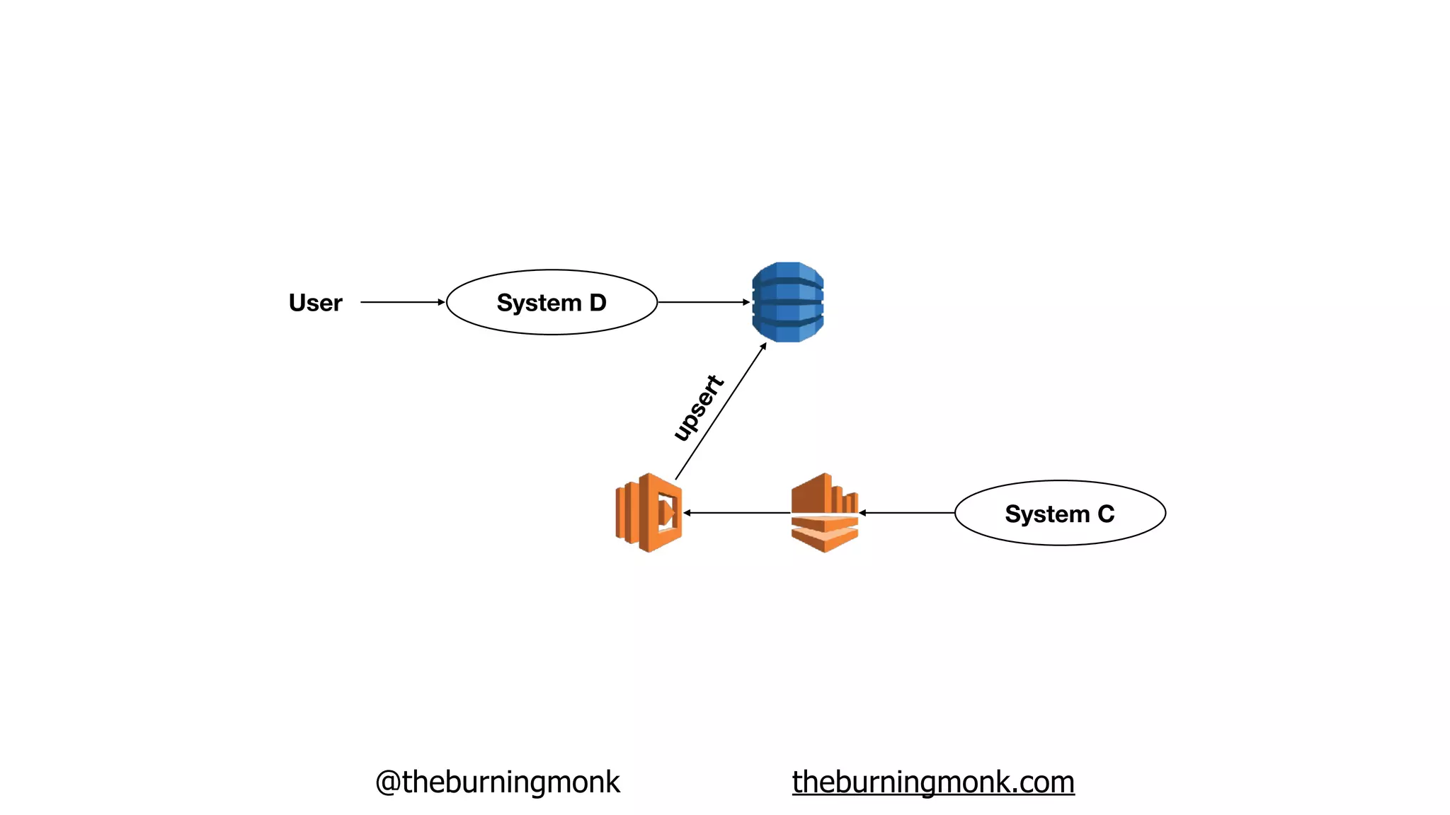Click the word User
coord(315,303)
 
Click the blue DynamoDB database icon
coord(788,302)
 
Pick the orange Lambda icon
coord(649,513)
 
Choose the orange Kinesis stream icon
coord(825,513)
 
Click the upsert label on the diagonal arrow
coord(698,408)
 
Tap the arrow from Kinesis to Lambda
coord(736,513)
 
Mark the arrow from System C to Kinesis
coord(906,513)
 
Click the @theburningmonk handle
coord(497,782)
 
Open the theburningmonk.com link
coord(933,782)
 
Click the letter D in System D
coord(598,303)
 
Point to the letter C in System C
coord(1106,514)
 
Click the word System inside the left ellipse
coord(539,303)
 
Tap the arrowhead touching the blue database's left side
coord(746,302)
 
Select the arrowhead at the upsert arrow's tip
coord(763,346)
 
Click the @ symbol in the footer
coord(388,782)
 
